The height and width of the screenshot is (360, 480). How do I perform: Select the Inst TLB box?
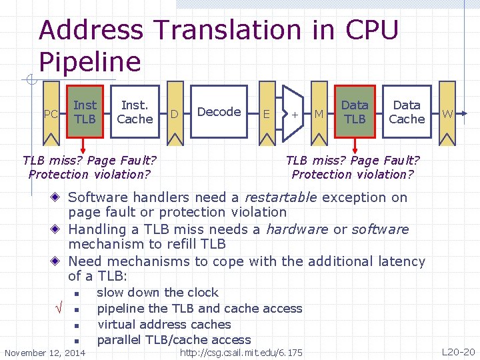tap(85, 112)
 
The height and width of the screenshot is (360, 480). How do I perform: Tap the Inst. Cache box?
tap(135, 112)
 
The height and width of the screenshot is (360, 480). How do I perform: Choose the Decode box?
tap(219, 112)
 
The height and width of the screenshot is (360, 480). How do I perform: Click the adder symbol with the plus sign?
tap(293, 113)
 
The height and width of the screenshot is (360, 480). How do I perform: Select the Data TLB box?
tap(355, 112)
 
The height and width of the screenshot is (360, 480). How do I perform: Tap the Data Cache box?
tap(406, 112)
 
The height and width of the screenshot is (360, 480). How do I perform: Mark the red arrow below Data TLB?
tap(355, 145)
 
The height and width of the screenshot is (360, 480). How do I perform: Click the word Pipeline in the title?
tap(90, 61)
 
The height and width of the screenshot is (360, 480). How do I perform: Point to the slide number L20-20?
tap(459, 351)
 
